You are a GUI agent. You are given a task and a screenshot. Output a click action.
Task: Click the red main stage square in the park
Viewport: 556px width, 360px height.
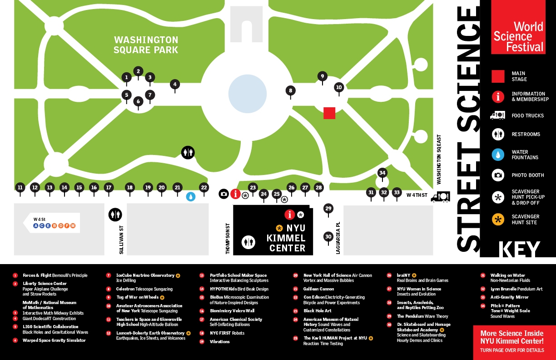(329, 113)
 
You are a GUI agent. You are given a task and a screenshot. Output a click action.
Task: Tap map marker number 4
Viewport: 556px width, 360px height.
(175, 84)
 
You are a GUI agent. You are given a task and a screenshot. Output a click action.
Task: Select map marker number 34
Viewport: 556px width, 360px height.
(382, 173)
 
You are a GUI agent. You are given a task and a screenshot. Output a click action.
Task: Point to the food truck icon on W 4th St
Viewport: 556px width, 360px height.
(440, 197)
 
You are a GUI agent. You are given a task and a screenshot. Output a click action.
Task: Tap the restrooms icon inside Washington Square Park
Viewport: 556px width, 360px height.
(188, 153)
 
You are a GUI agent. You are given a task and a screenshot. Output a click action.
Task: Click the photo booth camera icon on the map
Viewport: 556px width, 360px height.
(223, 194)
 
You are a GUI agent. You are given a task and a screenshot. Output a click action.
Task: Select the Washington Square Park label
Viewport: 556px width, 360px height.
(146, 45)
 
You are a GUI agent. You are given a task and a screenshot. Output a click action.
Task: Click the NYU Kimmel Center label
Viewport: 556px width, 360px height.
(287, 238)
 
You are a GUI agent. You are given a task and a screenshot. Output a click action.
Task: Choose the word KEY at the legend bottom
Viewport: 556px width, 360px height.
(520, 249)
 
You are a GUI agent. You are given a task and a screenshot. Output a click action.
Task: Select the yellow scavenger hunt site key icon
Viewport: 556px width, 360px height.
(498, 220)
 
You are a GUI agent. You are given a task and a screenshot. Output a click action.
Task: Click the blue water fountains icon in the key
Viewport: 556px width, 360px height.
(498, 155)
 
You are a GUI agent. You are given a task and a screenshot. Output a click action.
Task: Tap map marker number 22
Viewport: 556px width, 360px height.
(204, 187)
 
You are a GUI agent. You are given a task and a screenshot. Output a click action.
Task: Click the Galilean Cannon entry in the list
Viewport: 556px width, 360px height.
(319, 289)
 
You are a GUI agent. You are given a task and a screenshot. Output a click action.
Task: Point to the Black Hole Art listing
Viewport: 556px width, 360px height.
(318, 311)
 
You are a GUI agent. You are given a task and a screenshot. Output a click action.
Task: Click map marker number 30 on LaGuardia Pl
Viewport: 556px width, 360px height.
(328, 236)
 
